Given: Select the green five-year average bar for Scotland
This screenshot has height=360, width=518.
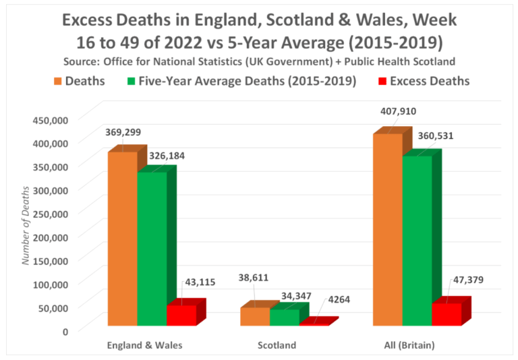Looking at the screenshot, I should click(x=284, y=317).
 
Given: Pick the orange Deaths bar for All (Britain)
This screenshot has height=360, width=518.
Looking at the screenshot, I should click(x=387, y=229).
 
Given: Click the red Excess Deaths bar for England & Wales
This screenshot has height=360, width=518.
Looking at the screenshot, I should click(x=181, y=315).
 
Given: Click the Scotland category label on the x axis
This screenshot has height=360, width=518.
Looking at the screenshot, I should click(x=277, y=345).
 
